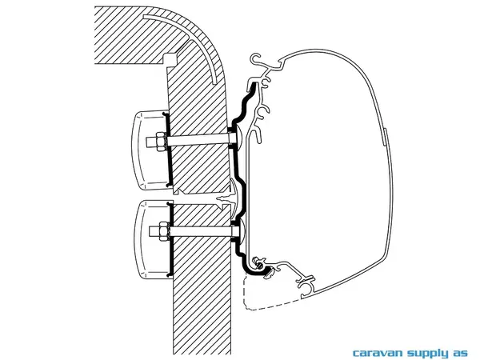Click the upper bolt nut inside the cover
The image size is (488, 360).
[x=154, y=144]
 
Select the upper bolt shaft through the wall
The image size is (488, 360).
[x=196, y=144]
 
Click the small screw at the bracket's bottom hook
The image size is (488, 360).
[x=258, y=262]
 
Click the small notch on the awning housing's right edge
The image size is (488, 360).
[x=385, y=136]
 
